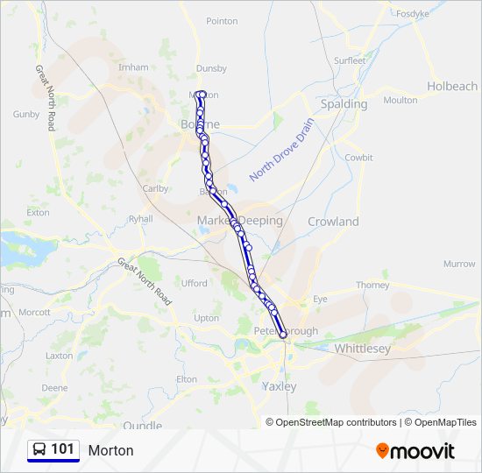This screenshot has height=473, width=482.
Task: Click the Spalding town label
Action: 344,103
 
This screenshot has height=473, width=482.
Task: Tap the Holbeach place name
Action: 452,86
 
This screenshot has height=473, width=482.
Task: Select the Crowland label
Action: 333,222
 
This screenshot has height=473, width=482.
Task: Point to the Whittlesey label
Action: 362,348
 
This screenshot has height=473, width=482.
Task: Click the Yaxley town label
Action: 279,385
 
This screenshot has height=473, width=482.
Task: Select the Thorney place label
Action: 372,285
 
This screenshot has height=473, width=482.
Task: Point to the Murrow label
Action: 459,264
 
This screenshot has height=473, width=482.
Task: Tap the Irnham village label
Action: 133,67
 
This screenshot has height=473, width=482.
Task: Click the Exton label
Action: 39,212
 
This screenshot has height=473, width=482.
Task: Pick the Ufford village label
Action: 195,283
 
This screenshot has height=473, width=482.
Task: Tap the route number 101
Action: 63,449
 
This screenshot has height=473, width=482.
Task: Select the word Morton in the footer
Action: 110,450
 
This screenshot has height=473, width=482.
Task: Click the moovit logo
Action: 415,450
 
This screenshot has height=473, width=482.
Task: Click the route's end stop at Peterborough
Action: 283,334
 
